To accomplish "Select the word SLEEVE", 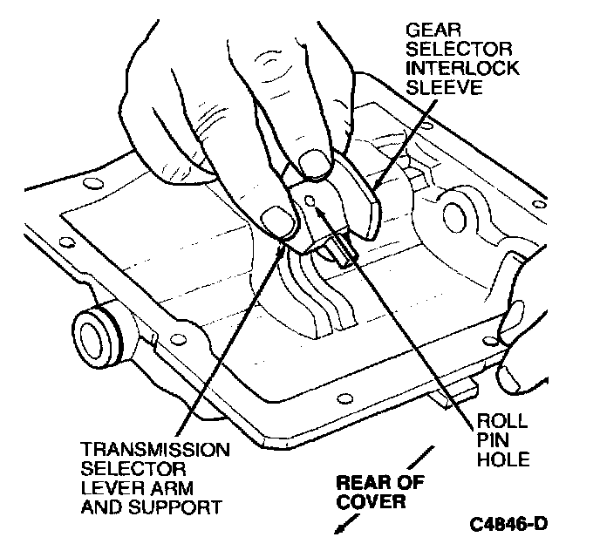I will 435,89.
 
